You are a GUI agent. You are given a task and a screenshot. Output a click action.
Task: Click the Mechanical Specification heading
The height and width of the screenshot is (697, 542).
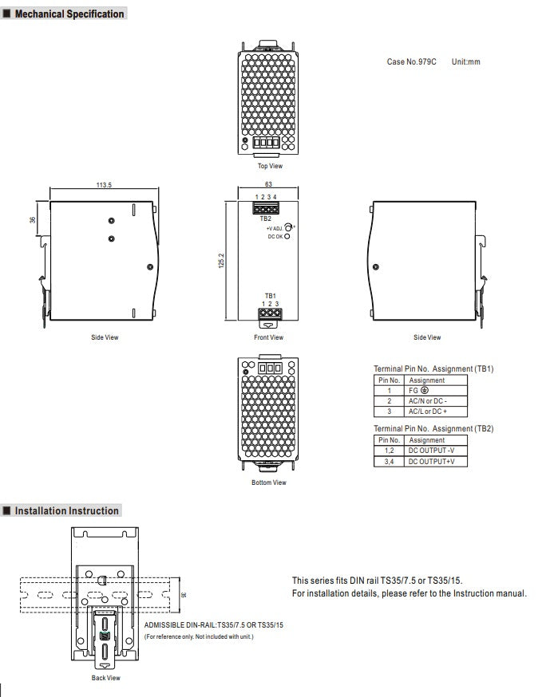pyautogui.click(x=70, y=14)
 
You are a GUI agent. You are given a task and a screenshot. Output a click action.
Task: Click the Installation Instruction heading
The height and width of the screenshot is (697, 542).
pyautogui.click(x=67, y=510)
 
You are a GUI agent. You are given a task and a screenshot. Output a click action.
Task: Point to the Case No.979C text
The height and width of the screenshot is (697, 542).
pyautogui.click(x=411, y=61)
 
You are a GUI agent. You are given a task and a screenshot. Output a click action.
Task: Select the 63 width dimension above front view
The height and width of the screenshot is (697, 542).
pyautogui.click(x=269, y=184)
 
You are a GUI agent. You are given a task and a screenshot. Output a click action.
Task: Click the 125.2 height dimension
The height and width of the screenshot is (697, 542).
pyautogui.click(x=221, y=261)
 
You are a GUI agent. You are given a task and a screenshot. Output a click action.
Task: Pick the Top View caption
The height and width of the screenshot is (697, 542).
pyautogui.click(x=269, y=166)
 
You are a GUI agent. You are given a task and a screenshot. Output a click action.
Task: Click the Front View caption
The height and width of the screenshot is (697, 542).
pyautogui.click(x=269, y=337)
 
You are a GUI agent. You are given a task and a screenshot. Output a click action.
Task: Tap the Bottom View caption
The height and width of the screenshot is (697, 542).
pyautogui.click(x=269, y=482)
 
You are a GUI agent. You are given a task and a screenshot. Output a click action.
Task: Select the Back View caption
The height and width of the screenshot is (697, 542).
pyautogui.click(x=105, y=678)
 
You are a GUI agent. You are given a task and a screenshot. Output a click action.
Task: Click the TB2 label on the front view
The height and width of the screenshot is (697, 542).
pyautogui.click(x=265, y=219)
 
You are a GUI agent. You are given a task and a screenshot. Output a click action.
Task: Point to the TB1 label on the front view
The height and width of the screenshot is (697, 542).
pyautogui.click(x=270, y=296)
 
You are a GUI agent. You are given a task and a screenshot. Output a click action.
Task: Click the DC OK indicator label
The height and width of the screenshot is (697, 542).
pyautogui.click(x=274, y=236)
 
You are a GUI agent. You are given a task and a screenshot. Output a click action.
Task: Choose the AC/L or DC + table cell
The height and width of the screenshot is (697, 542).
pyautogui.click(x=428, y=412)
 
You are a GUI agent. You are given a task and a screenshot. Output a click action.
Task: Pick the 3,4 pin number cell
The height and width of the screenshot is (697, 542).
pyautogui.click(x=389, y=461)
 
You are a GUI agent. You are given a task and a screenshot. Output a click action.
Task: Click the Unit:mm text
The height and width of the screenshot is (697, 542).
pyautogui.click(x=465, y=61)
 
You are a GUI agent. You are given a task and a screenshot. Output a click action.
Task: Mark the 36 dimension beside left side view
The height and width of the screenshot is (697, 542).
pyautogui.click(x=34, y=219)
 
